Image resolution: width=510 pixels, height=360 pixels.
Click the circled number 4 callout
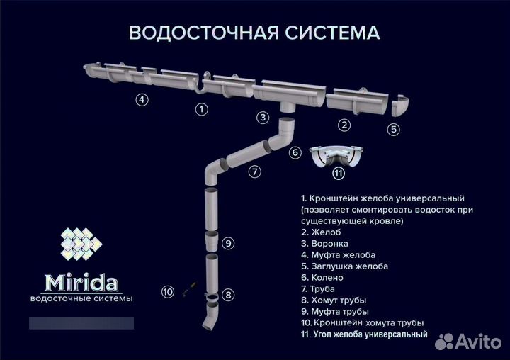[142, 100]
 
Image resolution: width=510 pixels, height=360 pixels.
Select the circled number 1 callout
[202, 109]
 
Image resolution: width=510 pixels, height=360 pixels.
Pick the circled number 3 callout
[263, 118]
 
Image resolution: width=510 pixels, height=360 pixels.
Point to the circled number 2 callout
[344, 125]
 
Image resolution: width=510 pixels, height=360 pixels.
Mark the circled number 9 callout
[227, 243]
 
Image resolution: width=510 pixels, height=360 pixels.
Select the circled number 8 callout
[227, 294]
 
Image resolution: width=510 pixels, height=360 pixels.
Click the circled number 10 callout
[168, 291]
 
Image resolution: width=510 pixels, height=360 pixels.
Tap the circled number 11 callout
[339, 173]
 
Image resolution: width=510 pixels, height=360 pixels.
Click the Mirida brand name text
[83, 283]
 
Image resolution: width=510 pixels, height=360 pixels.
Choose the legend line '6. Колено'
[322, 277]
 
